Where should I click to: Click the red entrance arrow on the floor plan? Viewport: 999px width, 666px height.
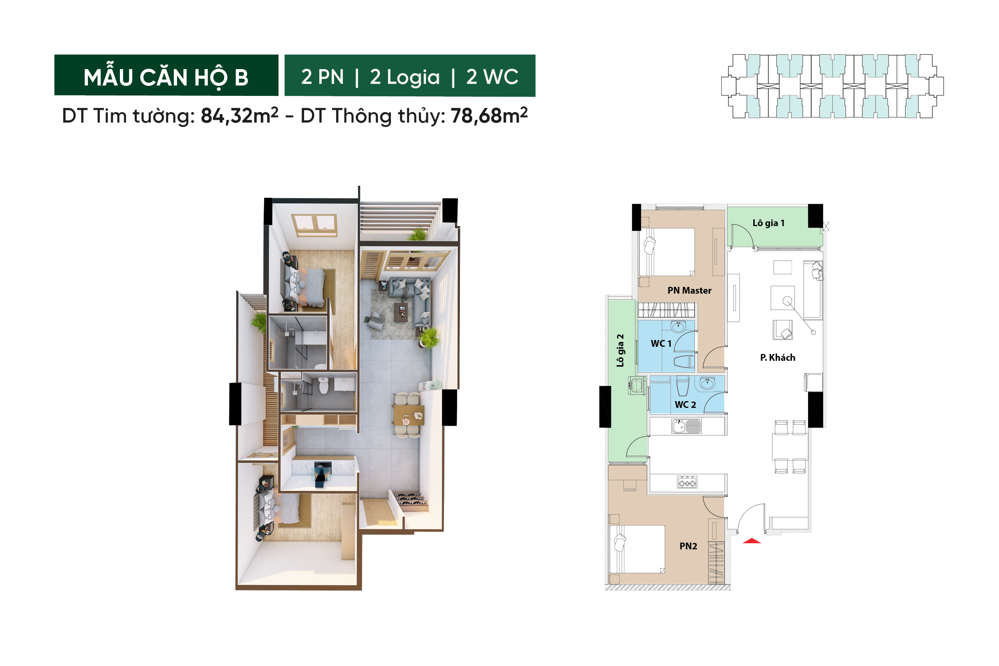pyautogui.click(x=751, y=541)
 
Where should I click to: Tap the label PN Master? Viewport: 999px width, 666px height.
pyautogui.click(x=689, y=290)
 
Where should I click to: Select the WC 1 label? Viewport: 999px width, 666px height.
pyautogui.click(x=661, y=344)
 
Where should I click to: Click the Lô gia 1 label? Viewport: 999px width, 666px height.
pyautogui.click(x=768, y=223)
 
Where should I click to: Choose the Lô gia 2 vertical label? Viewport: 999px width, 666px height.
pyautogui.click(x=620, y=350)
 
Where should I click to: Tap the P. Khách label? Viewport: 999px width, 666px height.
pyautogui.click(x=778, y=358)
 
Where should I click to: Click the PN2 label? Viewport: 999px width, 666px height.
pyautogui.click(x=688, y=546)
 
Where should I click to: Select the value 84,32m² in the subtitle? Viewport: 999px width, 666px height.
pyautogui.click(x=239, y=115)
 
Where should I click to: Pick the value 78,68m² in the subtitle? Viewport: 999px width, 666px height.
pyautogui.click(x=489, y=115)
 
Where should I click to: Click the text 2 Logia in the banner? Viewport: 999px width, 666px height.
pyautogui.click(x=404, y=77)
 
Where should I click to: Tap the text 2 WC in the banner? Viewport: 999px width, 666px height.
pyautogui.click(x=492, y=77)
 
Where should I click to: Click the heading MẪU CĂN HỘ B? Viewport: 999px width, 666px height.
pyautogui.click(x=166, y=76)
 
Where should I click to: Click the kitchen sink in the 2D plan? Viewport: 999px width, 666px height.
pyautogui.click(x=687, y=426)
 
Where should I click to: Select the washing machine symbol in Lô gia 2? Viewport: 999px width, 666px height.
pyautogui.click(x=636, y=386)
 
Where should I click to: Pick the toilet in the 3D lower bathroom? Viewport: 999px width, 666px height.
pyautogui.click(x=324, y=385)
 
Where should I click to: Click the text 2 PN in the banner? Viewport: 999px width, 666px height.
pyautogui.click(x=322, y=77)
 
